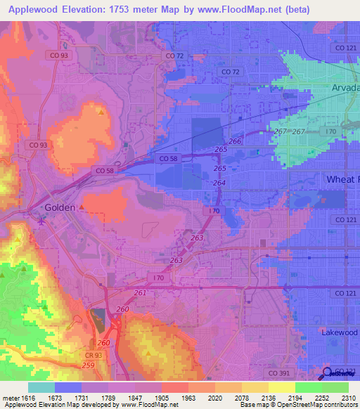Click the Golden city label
point(60,208)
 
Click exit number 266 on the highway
point(235,141)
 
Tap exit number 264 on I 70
point(219,183)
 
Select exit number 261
point(140,292)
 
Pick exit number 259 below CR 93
point(88,365)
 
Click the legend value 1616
point(26,397)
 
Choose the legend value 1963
point(188,397)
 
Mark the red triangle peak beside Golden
point(82,207)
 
